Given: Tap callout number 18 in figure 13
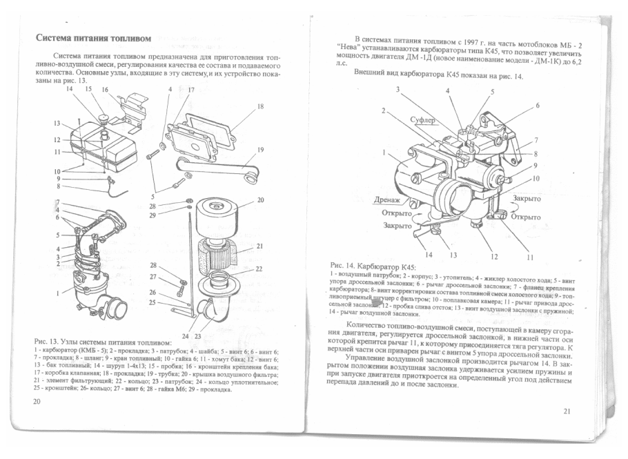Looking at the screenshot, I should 260,107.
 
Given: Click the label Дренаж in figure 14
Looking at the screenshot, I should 390,200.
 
